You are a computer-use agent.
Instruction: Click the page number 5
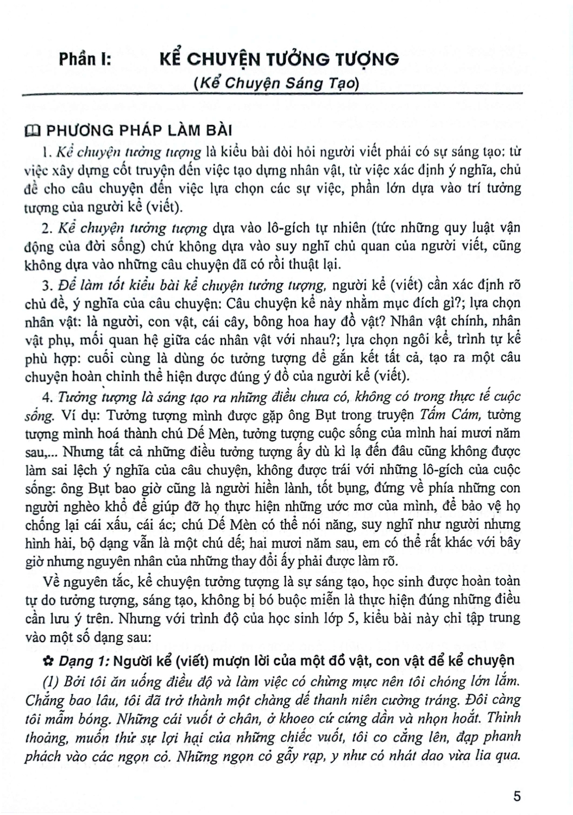point(517,797)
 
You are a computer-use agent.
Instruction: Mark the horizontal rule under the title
point(272,95)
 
